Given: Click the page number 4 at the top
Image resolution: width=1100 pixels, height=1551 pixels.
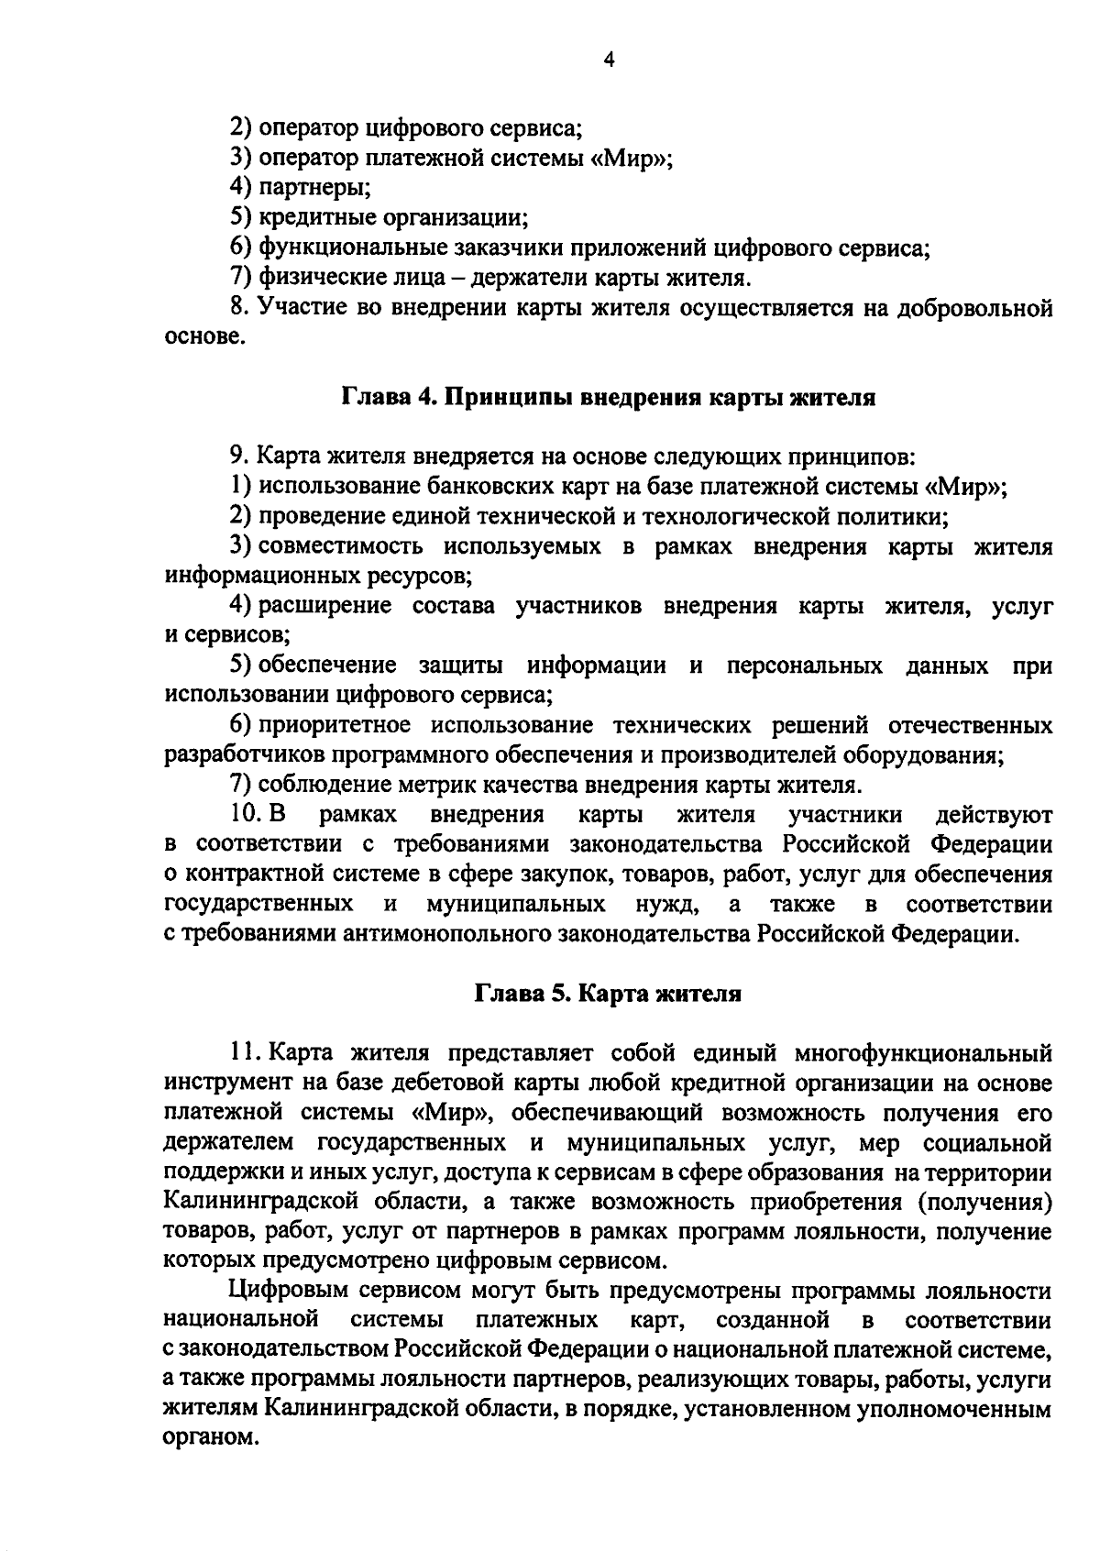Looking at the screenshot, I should [610, 60].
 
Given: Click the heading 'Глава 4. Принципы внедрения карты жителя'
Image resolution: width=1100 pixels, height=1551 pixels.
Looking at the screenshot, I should [609, 398].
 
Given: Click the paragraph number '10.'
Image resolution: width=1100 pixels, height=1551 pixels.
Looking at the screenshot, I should [247, 815].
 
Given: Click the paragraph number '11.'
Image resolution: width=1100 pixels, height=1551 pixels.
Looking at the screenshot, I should [247, 1053].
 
